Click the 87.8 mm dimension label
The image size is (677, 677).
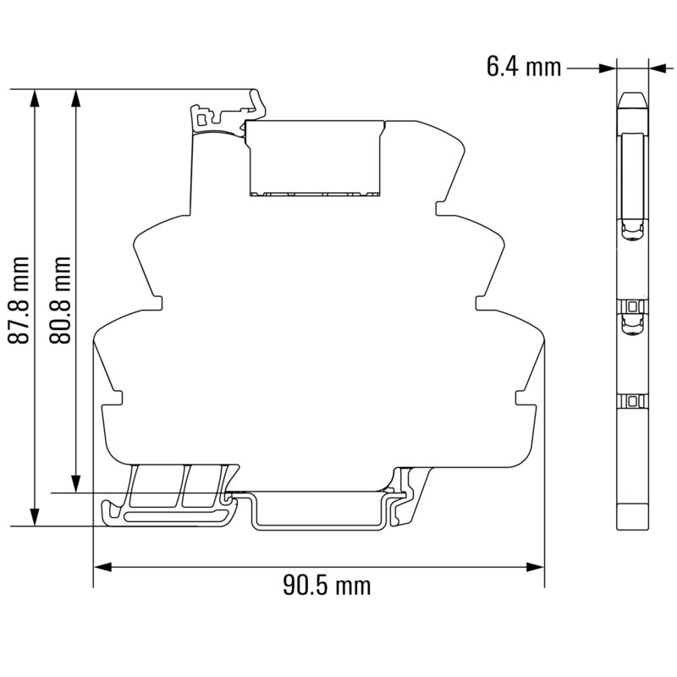(19, 300)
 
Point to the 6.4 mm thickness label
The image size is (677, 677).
(524, 67)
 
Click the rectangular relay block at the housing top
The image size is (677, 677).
(316, 157)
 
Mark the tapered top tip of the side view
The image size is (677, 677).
(632, 98)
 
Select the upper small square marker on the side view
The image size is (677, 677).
(632, 305)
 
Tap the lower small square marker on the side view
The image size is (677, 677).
(632, 399)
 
